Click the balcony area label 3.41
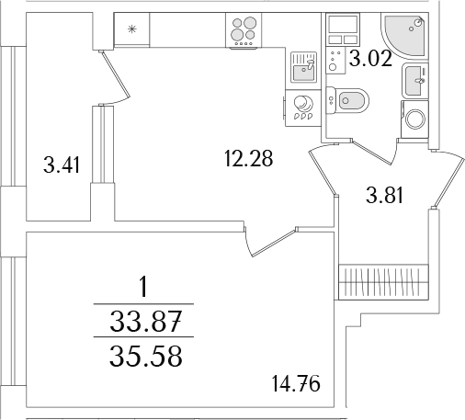click(x=62, y=165)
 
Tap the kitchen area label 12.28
click(x=248, y=158)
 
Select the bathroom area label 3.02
click(x=370, y=58)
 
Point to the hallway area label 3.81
click(x=384, y=195)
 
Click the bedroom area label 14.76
click(x=296, y=383)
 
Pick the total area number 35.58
click(x=146, y=356)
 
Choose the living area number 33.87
click(x=146, y=321)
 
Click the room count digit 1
click(x=143, y=286)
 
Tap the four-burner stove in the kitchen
click(x=244, y=30)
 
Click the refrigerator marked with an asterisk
click(x=131, y=29)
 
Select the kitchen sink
click(x=303, y=67)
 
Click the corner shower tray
click(x=404, y=35)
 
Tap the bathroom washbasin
click(x=414, y=81)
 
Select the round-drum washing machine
click(x=414, y=119)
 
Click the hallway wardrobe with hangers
click(x=383, y=282)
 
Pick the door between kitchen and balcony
click(x=116, y=74)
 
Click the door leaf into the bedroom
click(x=274, y=242)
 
